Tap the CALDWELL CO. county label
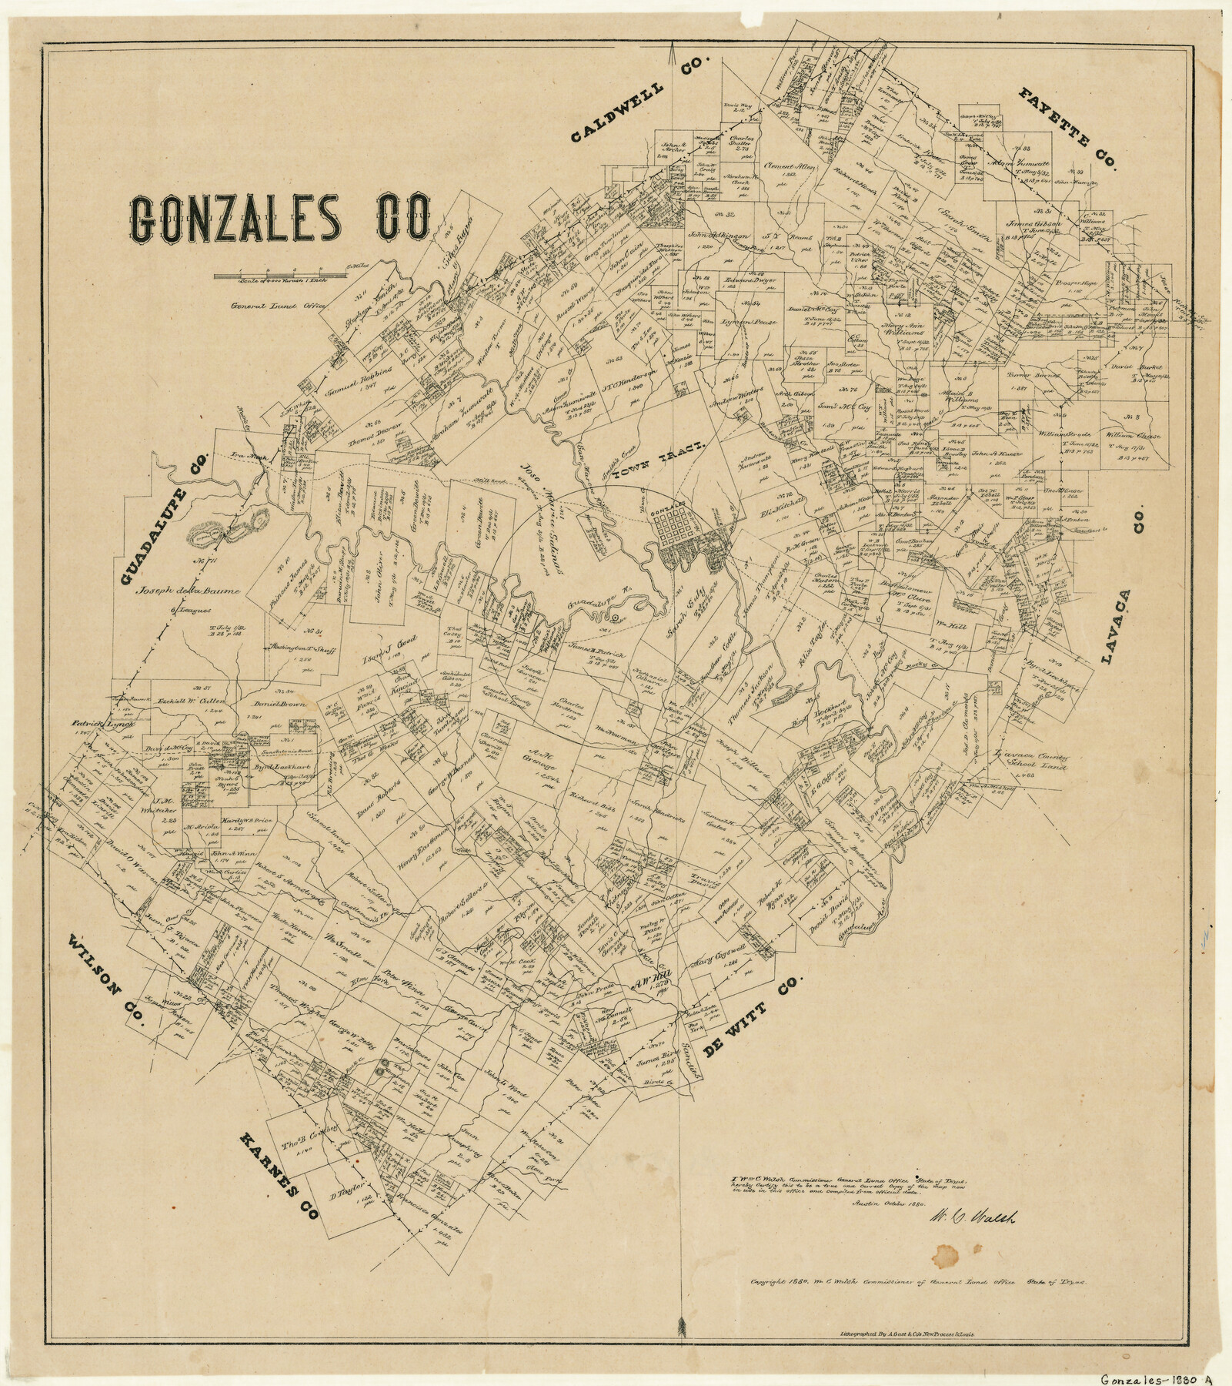pyautogui.click(x=643, y=100)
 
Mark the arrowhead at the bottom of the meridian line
pyautogui.click(x=680, y=1324)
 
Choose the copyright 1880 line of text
pyautogui.click(x=919, y=1282)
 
